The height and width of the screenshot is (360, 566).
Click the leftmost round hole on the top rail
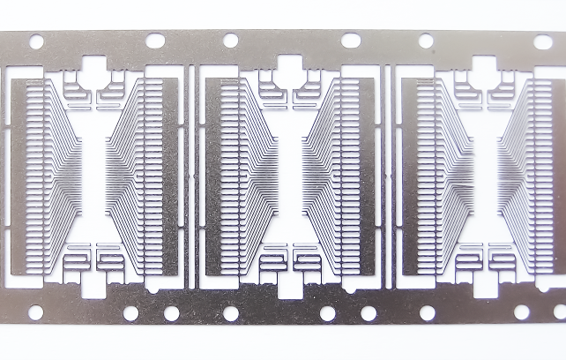(x=36, y=41)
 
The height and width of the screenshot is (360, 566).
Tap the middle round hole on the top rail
(x=230, y=41)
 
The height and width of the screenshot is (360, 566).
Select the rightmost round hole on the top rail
(x=426, y=41)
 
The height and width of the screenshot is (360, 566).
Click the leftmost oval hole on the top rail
(x=154, y=41)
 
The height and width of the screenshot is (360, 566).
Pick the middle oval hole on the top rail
(x=350, y=41)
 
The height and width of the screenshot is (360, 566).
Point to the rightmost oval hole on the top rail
(x=544, y=41)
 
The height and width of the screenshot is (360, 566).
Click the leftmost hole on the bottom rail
(x=36, y=312)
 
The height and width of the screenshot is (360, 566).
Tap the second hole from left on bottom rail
(x=130, y=313)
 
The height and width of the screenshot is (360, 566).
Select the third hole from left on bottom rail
(x=171, y=313)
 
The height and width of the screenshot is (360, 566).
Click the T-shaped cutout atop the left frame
(x=93, y=66)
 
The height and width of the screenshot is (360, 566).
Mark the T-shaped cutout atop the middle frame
(x=288, y=66)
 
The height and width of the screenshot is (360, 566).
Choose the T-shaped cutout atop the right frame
(x=484, y=66)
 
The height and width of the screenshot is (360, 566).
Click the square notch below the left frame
(x=93, y=285)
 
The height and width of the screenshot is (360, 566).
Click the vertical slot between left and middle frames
(x=192, y=176)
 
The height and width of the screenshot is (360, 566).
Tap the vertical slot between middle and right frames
(x=388, y=176)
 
